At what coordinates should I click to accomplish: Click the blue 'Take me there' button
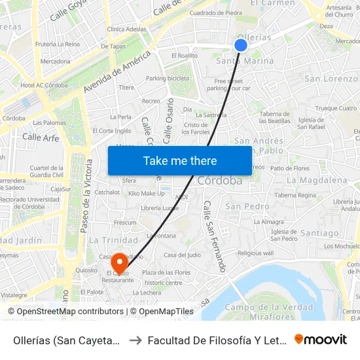point(180,160)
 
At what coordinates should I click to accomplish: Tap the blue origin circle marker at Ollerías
point(241,45)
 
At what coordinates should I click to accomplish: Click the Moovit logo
point(320,339)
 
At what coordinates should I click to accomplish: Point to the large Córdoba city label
point(219,181)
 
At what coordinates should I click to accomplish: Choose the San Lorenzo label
point(331,79)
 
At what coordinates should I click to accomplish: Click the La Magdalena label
point(317,180)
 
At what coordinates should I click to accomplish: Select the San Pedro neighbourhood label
point(247,206)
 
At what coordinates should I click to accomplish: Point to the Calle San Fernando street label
point(215,236)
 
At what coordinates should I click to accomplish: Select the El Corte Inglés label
point(113,131)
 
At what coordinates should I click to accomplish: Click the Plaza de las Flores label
point(166,272)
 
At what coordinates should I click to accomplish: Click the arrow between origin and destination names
point(134,340)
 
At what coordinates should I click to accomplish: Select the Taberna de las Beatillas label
point(274,118)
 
